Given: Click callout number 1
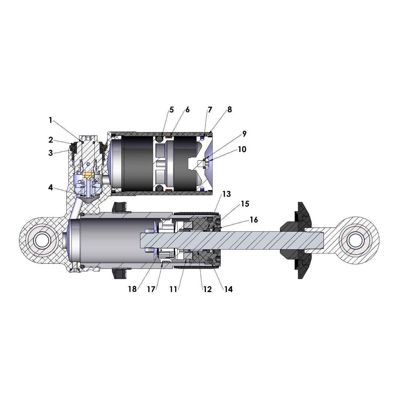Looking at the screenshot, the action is coord(50,120).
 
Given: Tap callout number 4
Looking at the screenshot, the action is coord(51,187).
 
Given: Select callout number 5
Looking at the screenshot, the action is coord(172,110).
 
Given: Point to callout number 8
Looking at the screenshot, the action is coord(229,109).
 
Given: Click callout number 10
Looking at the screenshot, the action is coord(242,149).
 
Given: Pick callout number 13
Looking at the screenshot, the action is coord(227,194).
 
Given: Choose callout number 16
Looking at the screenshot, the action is coord(254,220).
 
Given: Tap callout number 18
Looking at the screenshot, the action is coord(132,289).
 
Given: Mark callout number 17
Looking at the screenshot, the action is coord(151,289).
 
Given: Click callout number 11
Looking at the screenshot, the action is coord(173,289).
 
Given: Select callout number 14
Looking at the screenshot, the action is coord(229,289).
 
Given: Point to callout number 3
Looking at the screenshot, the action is coord(50,153).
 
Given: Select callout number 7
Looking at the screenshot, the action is coord(210,110).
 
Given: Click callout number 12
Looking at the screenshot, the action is coord(208,289).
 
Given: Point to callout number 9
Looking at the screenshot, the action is coord(244,134).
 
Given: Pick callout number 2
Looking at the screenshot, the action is coord(51,140).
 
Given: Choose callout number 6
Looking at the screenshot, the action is coord(187,110).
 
